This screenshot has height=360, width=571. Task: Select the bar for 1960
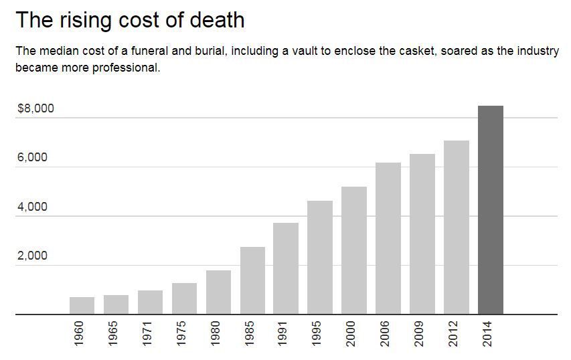[82, 306]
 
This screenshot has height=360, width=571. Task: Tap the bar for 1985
[252, 280]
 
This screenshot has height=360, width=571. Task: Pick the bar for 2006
[388, 238]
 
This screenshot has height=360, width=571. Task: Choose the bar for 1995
[320, 258]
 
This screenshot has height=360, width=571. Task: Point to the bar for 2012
[457, 228]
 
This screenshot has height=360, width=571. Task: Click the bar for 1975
[184, 298]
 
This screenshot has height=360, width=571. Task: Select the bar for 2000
[354, 250]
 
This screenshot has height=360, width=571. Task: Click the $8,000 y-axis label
[35, 108]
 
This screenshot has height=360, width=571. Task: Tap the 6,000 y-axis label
[32, 157]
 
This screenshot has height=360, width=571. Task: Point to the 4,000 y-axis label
[32, 207]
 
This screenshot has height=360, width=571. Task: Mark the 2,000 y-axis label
[32, 256]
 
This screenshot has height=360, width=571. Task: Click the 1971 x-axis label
[148, 334]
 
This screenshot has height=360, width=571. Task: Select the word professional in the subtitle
[127, 68]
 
